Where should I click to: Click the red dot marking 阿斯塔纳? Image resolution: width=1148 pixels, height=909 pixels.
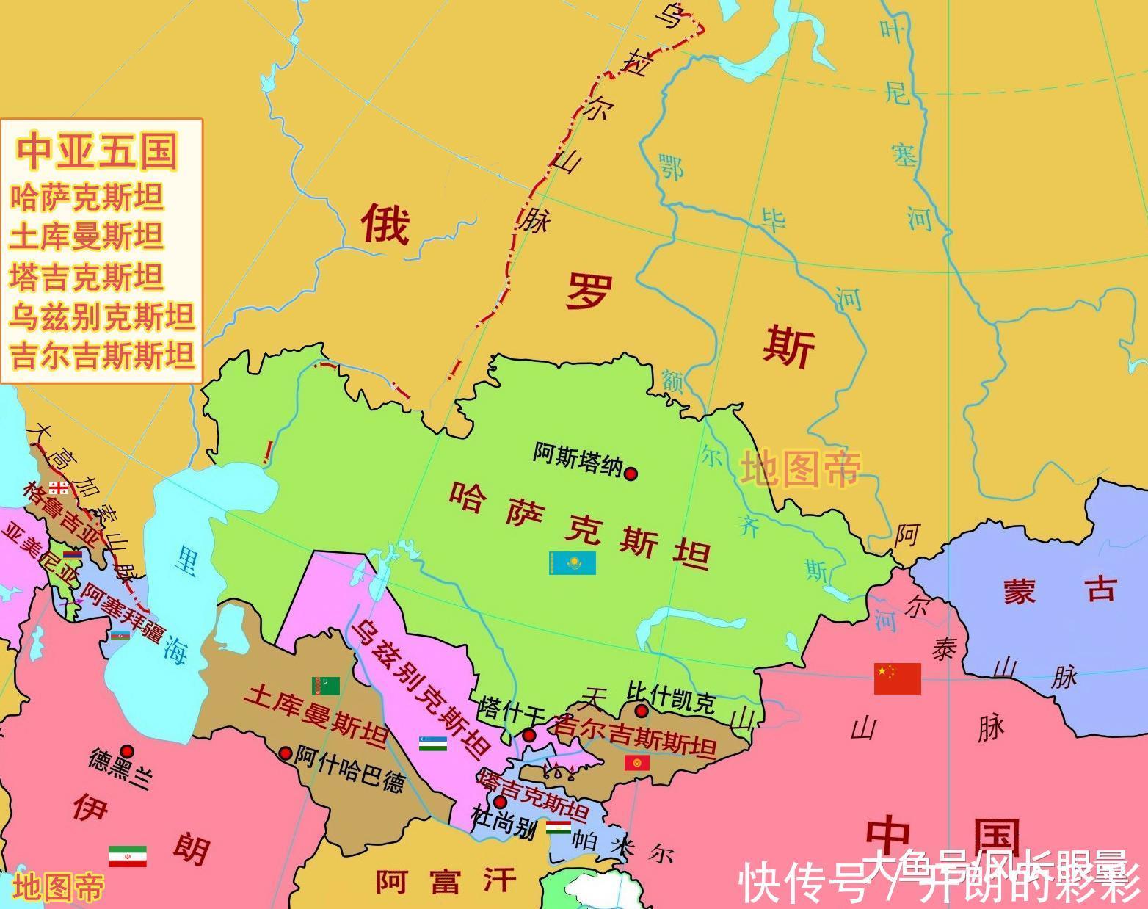pos(630,474)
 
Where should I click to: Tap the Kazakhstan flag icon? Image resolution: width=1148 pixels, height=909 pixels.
pos(572,563)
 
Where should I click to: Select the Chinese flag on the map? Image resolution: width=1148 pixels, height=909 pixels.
pos(897,678)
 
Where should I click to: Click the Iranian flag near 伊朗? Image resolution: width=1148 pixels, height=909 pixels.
pos(127,856)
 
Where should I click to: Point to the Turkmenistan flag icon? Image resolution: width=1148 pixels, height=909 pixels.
pos(326,686)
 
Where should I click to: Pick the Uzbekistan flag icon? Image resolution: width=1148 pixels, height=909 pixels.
pos(433,743)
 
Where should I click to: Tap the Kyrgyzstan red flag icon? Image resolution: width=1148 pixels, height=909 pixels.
pos(636,764)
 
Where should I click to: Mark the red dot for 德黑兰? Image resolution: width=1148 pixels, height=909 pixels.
pos(127,750)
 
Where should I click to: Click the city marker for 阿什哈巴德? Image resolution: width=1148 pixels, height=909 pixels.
pos(286,753)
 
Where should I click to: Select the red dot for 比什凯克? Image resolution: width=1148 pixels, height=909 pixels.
pos(642,711)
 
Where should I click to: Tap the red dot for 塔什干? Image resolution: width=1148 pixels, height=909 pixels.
pos(528,735)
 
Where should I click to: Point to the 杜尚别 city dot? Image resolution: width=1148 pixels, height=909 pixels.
pos(500,802)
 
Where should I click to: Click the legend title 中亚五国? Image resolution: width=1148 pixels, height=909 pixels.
pos(98,151)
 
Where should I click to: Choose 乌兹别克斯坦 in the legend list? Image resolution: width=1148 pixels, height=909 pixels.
pos(102,317)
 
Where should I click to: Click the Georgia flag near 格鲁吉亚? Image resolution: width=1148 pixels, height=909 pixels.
pos(59,488)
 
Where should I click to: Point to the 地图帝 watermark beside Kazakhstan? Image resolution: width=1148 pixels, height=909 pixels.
pos(799,468)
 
